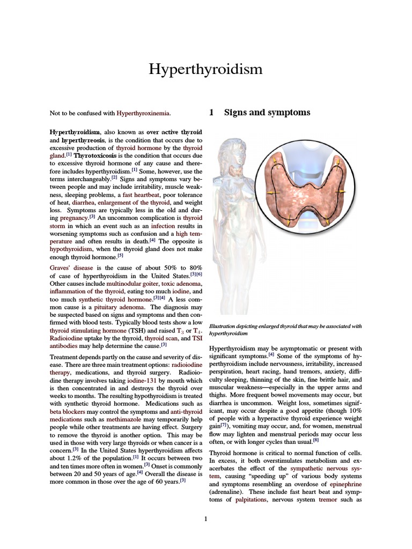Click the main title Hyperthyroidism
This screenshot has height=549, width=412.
click(205, 69)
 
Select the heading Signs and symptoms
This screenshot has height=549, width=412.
click(267, 113)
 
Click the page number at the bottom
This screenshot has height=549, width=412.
click(205, 518)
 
